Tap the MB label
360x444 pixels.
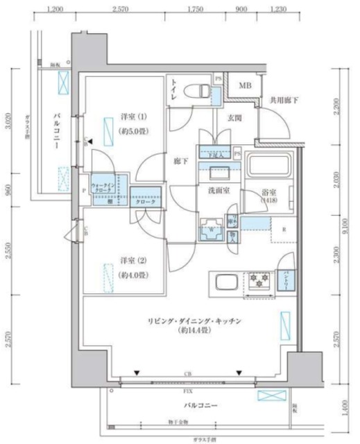244,86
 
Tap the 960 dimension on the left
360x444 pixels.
8,189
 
